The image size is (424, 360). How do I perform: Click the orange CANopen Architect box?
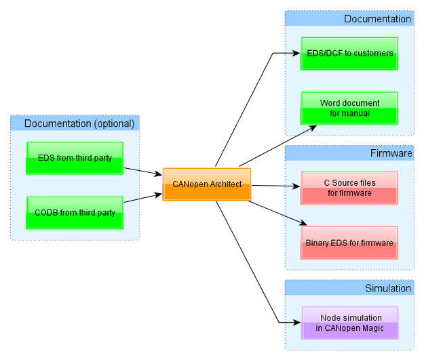(207, 184)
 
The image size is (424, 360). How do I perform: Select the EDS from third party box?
(75, 158)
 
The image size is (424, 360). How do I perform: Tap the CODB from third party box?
(75, 213)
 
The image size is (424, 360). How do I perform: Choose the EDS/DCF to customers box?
(349, 54)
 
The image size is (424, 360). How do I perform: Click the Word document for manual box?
(349, 108)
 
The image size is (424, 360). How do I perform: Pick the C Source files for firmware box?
(349, 188)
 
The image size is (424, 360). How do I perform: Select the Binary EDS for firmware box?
(349, 243)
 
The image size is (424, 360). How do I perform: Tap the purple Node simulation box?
(349, 323)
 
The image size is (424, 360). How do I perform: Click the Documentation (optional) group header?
(79, 123)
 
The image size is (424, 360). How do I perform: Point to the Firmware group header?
(391, 153)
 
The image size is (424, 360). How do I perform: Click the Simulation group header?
(388, 288)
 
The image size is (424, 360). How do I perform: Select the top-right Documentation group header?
(377, 19)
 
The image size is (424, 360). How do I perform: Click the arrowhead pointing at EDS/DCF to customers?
(296, 53)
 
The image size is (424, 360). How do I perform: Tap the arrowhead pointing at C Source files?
(296, 185)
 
